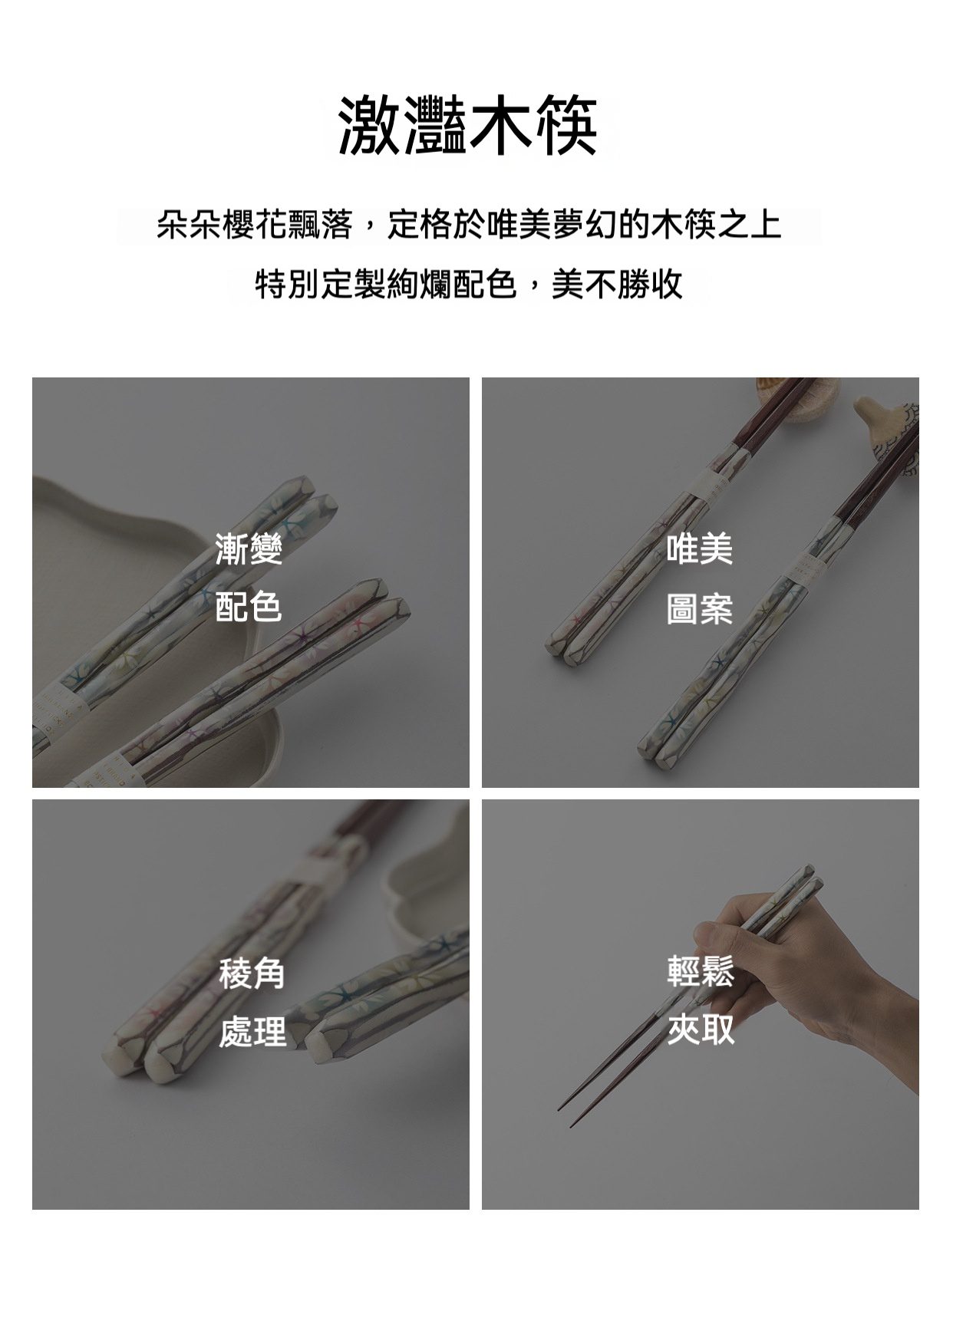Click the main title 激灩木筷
click(x=468, y=126)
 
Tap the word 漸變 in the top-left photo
click(x=249, y=550)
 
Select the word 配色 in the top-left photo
click(x=249, y=608)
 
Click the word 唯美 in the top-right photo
click(x=700, y=550)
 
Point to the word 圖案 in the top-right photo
click(x=700, y=609)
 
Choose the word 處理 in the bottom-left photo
click(x=252, y=1032)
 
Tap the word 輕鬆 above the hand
click(x=701, y=970)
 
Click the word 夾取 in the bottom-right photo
click(x=701, y=1029)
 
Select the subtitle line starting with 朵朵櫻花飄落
click(x=469, y=226)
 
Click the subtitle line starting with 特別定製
click(x=469, y=285)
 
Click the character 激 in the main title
click(x=371, y=126)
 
